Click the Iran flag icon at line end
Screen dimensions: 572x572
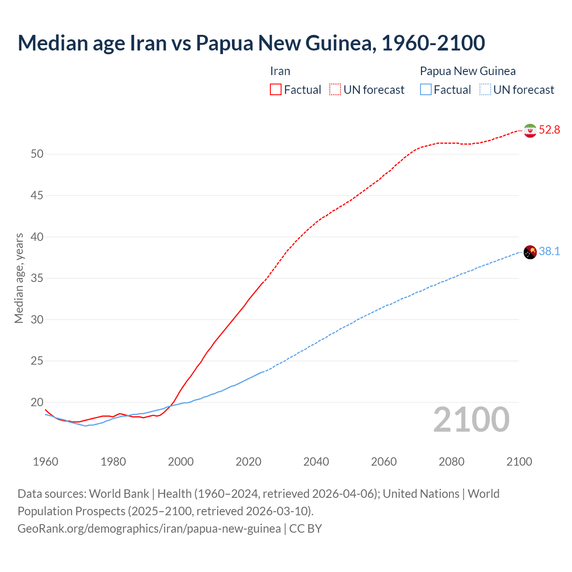click(530, 130)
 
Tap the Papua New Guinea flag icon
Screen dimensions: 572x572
click(530, 252)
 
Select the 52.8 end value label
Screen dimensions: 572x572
click(549, 130)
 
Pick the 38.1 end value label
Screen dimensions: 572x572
click(549, 252)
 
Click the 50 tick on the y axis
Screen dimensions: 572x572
click(37, 154)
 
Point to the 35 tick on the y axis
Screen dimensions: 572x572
click(37, 278)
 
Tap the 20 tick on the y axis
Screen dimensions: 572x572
click(37, 402)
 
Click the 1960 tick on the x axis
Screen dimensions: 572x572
click(46, 462)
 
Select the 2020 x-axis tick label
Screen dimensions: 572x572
click(248, 462)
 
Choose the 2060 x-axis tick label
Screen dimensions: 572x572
click(384, 462)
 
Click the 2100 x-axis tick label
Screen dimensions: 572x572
click(519, 462)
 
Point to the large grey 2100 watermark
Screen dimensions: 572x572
click(471, 420)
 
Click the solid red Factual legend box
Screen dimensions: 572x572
click(276, 90)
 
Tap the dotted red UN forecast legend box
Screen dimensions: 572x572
click(335, 90)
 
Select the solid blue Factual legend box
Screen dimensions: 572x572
click(426, 90)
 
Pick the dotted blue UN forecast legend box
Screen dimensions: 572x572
click(485, 90)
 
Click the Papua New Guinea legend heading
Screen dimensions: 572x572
click(467, 71)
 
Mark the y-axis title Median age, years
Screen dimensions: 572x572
click(19, 278)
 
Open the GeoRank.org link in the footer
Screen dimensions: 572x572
click(149, 529)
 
